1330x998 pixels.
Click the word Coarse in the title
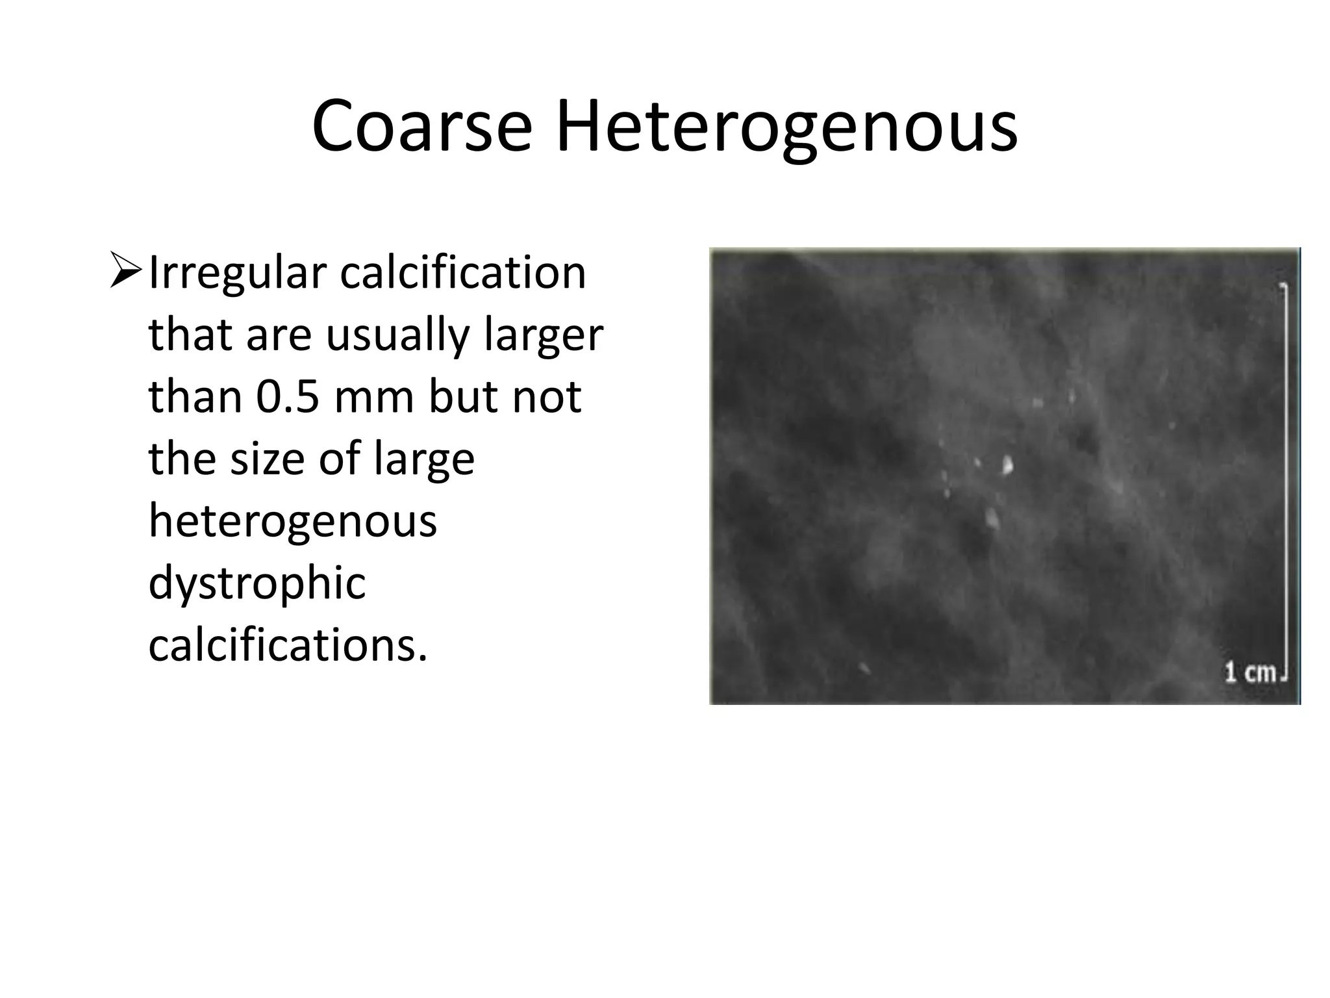click(421, 127)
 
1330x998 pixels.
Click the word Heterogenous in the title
click(786, 127)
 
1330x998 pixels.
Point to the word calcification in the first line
click(463, 272)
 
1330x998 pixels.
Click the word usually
click(397, 335)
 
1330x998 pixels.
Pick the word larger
click(544, 336)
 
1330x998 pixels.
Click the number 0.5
click(288, 397)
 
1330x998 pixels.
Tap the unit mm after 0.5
click(373, 397)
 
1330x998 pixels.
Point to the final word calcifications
click(288, 645)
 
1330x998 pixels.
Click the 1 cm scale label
click(1250, 672)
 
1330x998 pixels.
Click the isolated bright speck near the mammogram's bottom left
click(864, 667)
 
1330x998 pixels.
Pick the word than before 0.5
click(195, 397)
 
